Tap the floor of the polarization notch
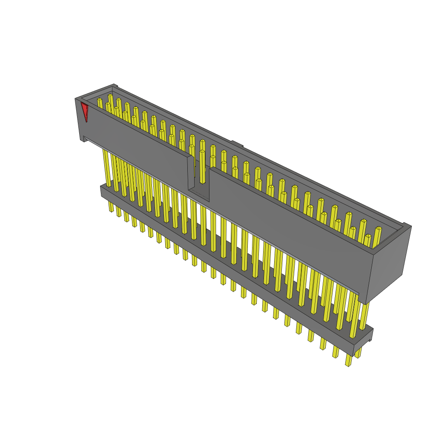[199, 195]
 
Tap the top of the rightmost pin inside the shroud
[378, 229]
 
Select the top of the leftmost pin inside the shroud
[100, 100]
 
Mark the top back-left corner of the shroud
[114, 86]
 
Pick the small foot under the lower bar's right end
[369, 339]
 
